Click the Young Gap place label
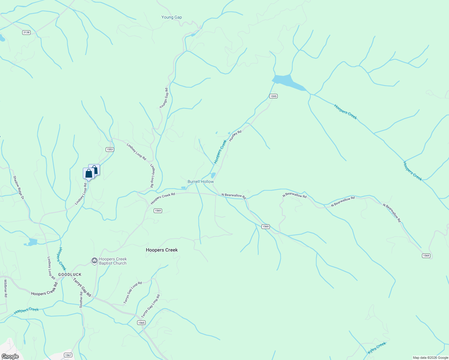tap(171, 17)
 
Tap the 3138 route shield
tap(26, 32)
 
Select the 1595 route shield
tap(273, 96)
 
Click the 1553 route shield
tap(110, 149)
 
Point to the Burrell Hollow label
tap(200, 181)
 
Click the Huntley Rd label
tap(235, 136)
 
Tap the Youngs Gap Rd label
tap(164, 98)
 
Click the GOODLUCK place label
tap(70, 274)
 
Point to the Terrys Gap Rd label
tap(82, 287)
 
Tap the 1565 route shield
tap(141, 323)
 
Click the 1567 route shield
tap(68, 355)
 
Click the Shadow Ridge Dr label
tap(18, 187)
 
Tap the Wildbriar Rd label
tap(5, 288)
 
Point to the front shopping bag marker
tap(89, 174)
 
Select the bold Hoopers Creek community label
tap(162, 250)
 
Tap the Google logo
tap(10, 356)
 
